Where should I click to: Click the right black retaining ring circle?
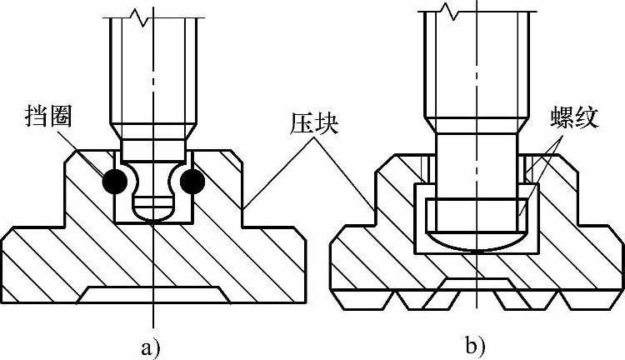192,181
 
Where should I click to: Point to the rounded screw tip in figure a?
153,212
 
